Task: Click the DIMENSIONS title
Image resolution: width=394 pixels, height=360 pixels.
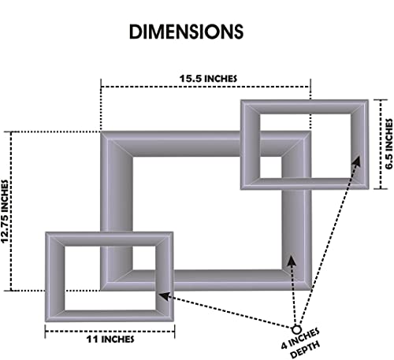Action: [186, 32]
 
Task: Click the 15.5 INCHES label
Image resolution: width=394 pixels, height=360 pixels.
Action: [208, 79]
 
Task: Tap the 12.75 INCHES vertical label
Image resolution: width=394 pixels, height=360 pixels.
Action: [5, 211]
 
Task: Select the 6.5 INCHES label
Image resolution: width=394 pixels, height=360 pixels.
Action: [389, 143]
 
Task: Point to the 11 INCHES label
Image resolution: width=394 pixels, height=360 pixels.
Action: [110, 339]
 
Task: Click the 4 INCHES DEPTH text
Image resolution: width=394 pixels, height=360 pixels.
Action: [301, 343]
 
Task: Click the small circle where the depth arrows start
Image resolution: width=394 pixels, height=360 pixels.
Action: [296, 329]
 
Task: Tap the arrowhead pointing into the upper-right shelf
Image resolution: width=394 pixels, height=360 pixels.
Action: [356, 161]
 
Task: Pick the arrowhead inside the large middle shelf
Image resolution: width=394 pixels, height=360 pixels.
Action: [292, 260]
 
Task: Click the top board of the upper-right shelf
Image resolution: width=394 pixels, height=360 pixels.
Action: [304, 106]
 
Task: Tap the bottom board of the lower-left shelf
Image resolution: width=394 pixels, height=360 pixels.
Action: [110, 316]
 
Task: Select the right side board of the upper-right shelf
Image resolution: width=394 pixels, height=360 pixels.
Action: [360, 144]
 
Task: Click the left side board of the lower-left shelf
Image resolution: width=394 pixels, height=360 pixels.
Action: [55, 276]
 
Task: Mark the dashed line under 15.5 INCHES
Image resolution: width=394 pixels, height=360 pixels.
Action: [206, 87]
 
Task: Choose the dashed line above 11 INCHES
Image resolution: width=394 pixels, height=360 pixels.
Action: [110, 331]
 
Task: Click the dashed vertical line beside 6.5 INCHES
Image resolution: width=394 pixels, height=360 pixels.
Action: [381, 144]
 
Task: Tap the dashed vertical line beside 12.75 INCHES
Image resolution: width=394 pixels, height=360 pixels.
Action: [11, 211]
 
